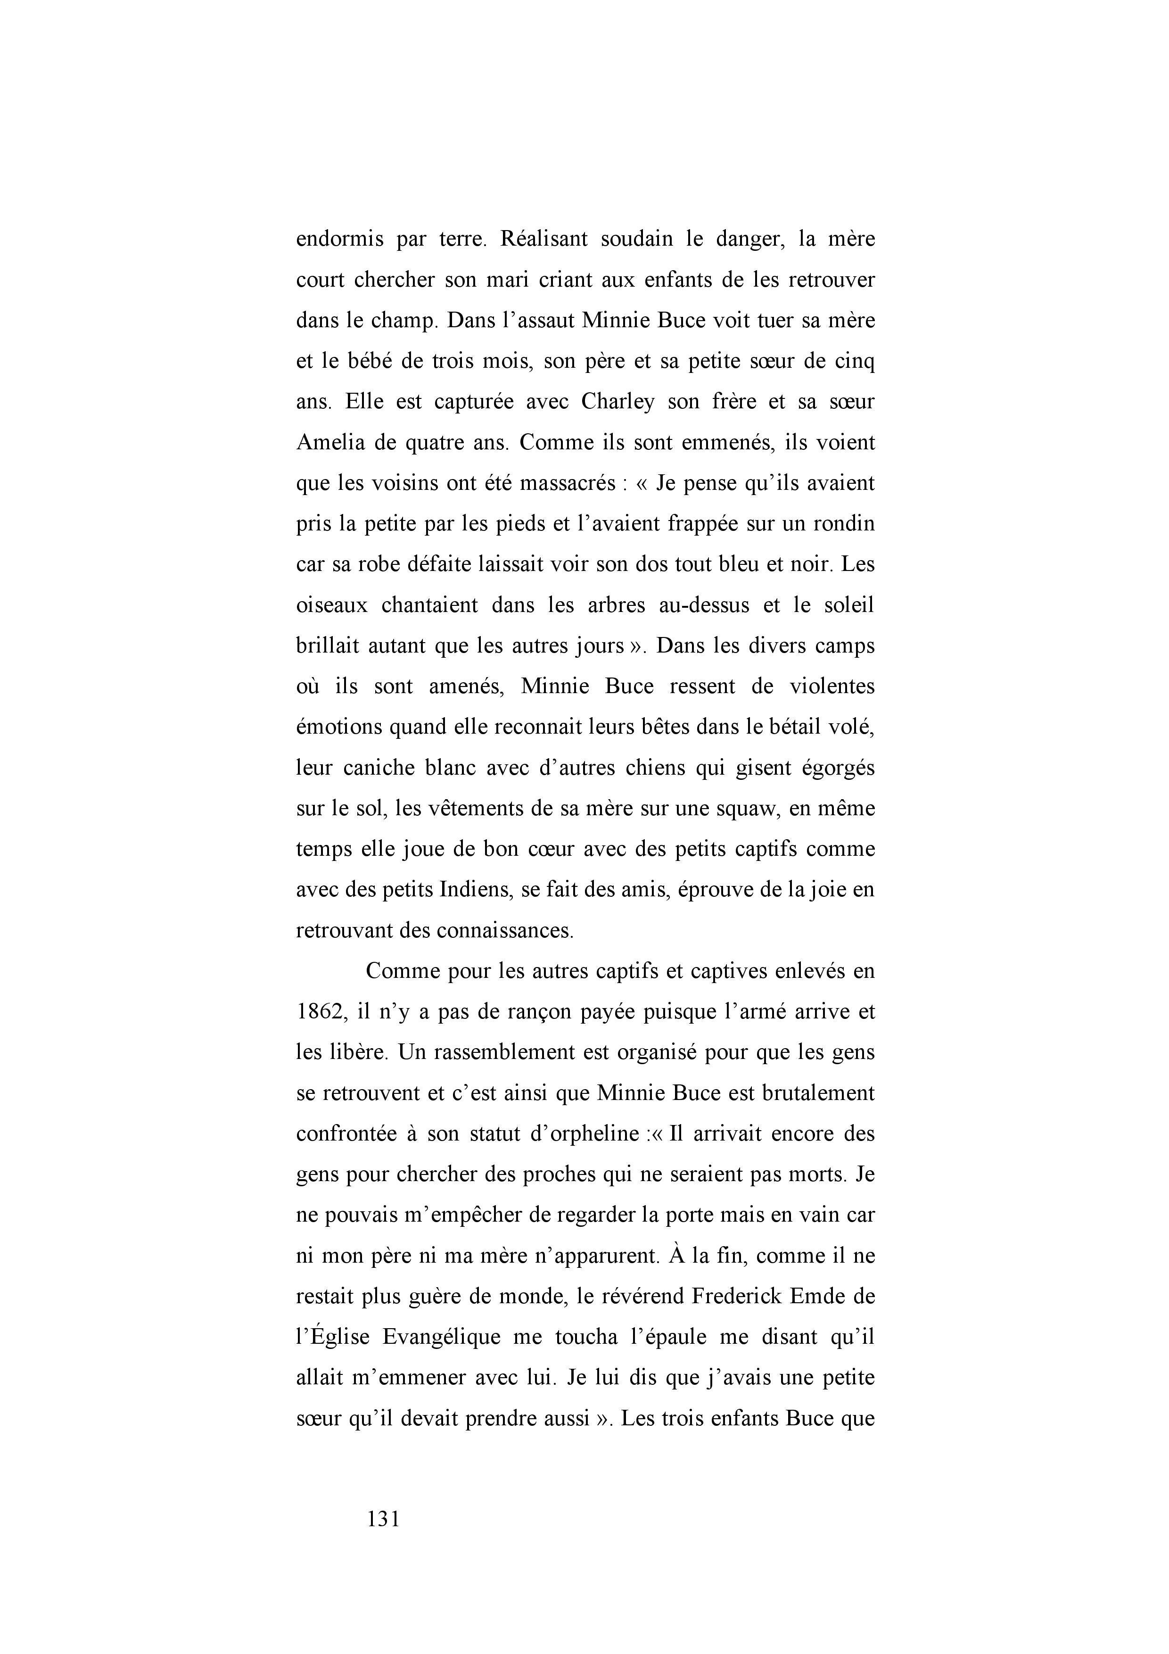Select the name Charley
point(617,401)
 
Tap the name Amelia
point(329,442)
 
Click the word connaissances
point(504,931)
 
